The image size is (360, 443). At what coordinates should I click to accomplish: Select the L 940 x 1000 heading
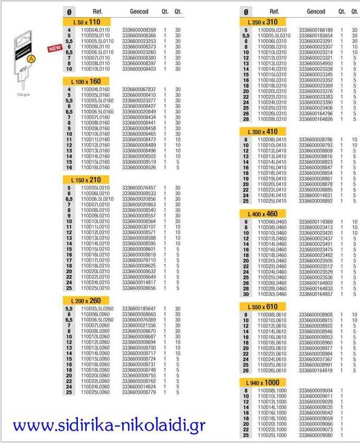(x=265, y=382)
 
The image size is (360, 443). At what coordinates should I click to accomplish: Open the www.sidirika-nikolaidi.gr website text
(x=110, y=425)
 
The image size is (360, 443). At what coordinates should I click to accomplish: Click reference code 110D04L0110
(x=95, y=30)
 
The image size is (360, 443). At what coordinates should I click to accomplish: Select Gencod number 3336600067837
(x=139, y=90)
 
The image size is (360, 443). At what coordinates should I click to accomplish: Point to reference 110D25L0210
(x=95, y=288)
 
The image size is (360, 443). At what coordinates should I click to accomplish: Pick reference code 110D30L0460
(x=272, y=294)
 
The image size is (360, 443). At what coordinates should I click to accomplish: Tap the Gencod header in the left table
(x=139, y=11)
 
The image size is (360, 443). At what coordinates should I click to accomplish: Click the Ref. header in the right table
(x=274, y=11)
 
